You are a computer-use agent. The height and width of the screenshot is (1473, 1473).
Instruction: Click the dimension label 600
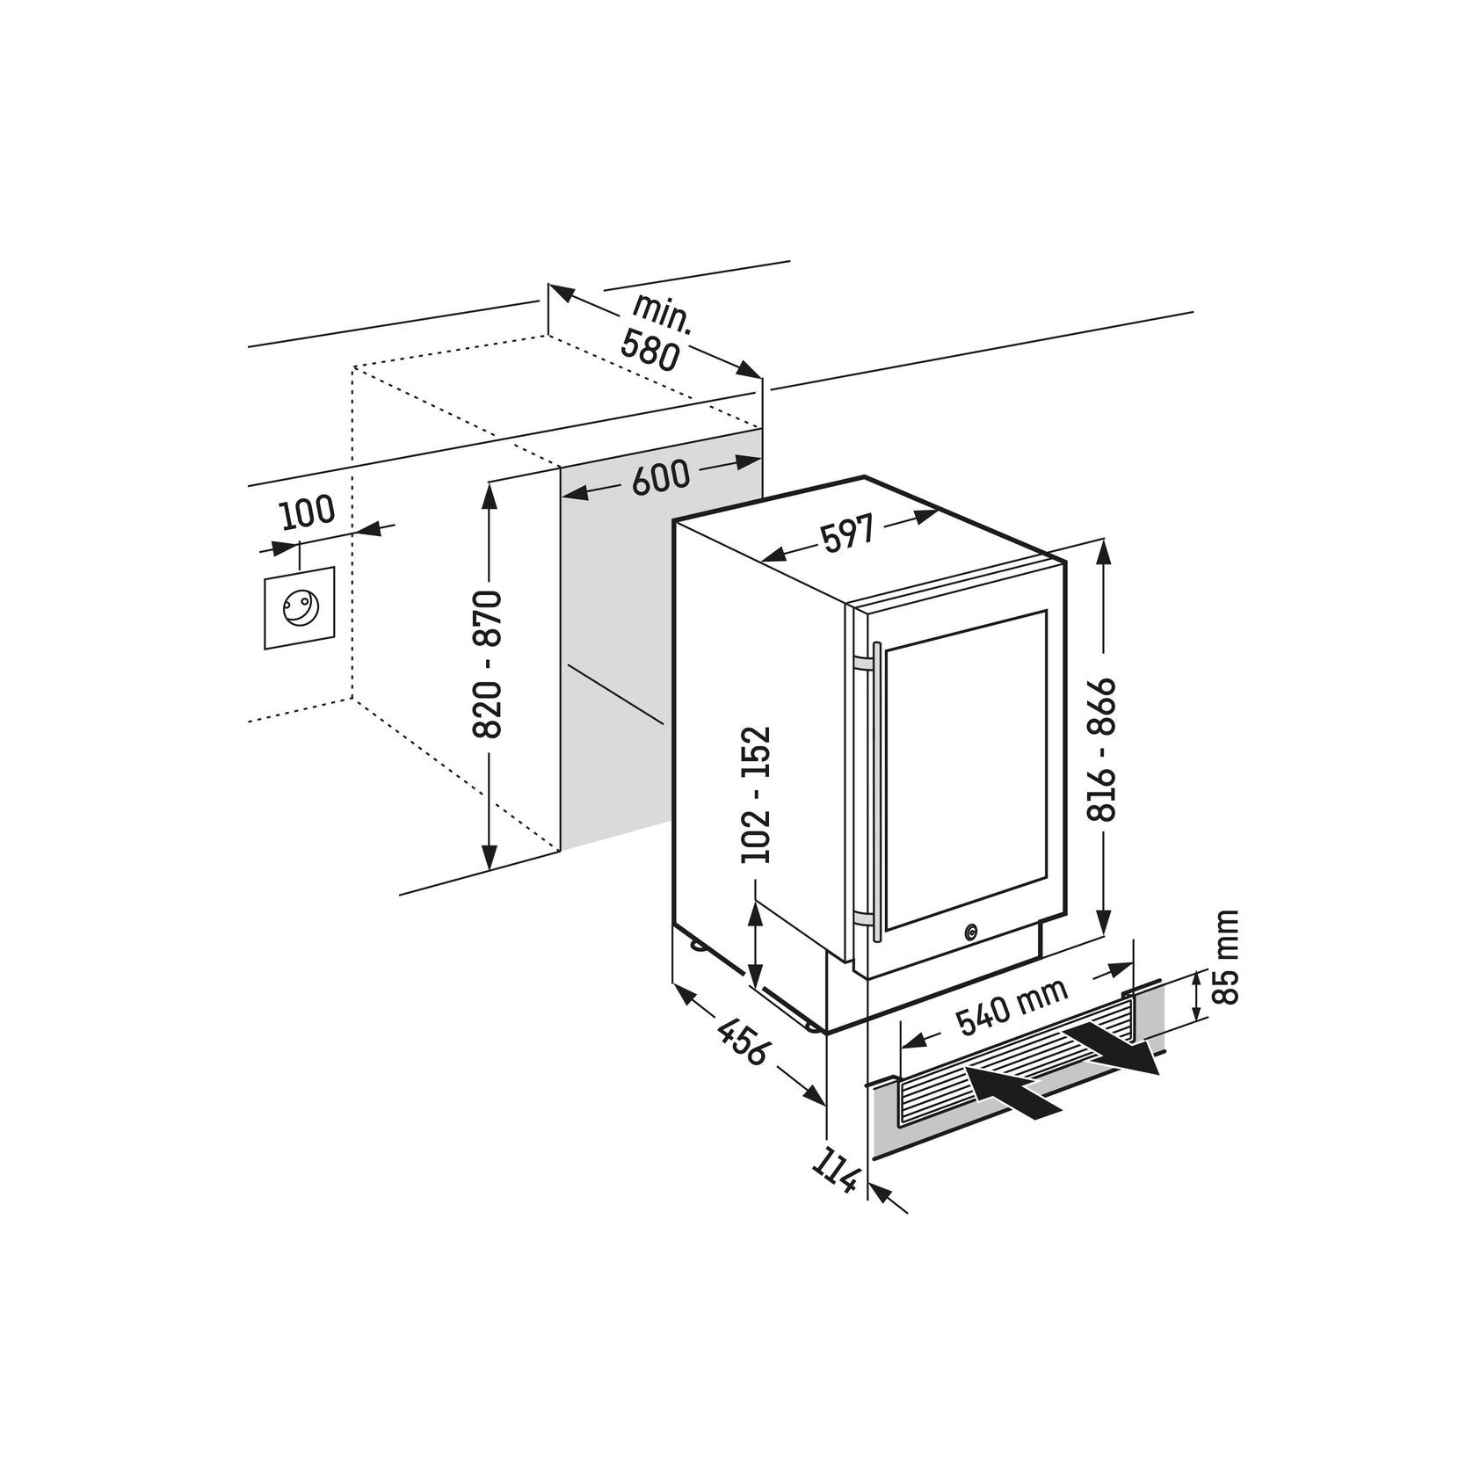point(661,476)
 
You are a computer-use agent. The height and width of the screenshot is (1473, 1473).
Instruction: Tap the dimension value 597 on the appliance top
point(848,535)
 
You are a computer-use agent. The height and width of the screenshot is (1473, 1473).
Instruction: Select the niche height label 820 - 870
point(486,664)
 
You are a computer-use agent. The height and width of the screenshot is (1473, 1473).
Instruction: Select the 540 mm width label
point(1012,1006)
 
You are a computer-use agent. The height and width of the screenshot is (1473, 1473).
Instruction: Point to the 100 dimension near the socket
point(308,512)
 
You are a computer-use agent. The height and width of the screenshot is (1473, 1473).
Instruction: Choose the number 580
point(649,350)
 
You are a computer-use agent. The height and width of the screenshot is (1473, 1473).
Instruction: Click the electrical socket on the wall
point(299,607)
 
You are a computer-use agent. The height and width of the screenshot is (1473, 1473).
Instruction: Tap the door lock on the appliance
point(970,932)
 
